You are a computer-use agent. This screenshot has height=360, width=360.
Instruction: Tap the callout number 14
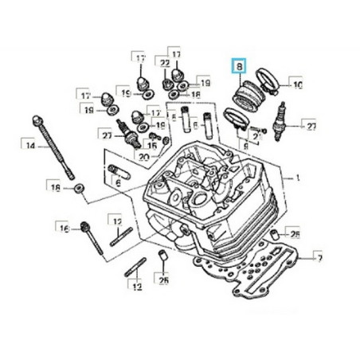29,145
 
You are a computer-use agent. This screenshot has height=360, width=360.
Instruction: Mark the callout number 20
143,156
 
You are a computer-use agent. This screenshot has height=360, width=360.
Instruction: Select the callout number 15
152,147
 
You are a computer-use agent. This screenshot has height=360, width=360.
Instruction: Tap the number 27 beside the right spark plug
311,125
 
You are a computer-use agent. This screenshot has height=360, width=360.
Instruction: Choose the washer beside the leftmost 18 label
80,188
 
